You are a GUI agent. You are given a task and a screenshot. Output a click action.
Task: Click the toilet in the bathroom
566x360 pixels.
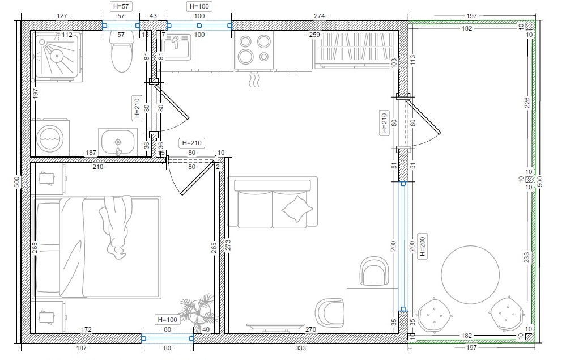(122, 54)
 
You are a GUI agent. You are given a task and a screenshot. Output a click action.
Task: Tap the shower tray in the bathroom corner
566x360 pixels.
(58, 56)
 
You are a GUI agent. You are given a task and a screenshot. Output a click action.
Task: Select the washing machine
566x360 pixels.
(50, 137)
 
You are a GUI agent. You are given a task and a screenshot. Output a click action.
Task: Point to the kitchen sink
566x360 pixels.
(176, 47)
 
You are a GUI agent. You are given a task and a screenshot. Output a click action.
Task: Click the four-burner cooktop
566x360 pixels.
(254, 49)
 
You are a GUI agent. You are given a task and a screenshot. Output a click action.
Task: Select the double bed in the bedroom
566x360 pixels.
(96, 247)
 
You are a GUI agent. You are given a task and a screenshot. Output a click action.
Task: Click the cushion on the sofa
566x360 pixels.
(297, 209)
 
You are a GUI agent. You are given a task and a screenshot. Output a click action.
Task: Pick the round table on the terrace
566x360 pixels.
(470, 275)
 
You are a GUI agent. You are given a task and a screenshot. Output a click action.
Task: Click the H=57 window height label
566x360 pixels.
(121, 6)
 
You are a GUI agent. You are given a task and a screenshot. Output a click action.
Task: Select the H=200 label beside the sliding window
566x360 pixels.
(423, 246)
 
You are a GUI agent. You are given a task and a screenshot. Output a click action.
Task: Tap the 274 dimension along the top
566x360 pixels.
(320, 16)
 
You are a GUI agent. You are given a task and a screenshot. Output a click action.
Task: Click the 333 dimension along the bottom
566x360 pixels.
(300, 348)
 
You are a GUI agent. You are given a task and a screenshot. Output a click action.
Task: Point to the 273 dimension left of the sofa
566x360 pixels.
(228, 245)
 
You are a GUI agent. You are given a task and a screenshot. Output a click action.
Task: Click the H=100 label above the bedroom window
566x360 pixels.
(168, 320)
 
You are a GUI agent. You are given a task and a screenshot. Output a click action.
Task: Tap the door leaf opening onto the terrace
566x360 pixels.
(423, 117)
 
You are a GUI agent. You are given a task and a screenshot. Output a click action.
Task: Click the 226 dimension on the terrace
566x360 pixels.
(527, 103)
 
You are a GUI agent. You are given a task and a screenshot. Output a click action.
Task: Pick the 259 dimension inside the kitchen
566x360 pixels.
(314, 35)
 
